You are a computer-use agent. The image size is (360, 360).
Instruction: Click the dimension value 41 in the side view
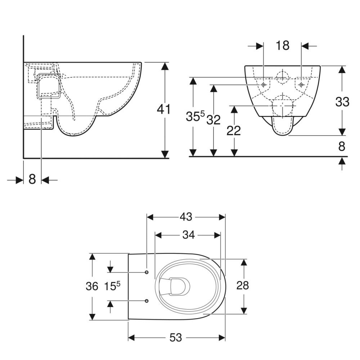pyautogui.click(x=163, y=109)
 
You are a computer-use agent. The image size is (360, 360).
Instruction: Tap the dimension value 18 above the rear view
pyautogui.click(x=282, y=45)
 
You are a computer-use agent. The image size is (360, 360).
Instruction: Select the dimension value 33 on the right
pyautogui.click(x=342, y=102)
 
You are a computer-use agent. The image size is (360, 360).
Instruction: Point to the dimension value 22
pyautogui.click(x=234, y=131)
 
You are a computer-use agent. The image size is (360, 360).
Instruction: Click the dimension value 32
pyautogui.click(x=213, y=120)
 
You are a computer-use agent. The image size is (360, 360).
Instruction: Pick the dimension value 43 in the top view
pyautogui.click(x=186, y=217)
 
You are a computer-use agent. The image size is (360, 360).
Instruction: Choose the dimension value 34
pyautogui.click(x=189, y=235)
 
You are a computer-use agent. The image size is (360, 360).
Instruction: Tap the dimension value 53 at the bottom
pyautogui.click(x=176, y=338)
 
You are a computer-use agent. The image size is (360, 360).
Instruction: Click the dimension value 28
pyautogui.click(x=242, y=285)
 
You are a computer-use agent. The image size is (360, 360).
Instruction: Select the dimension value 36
pyautogui.click(x=92, y=286)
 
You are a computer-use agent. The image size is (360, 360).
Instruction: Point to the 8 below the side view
pyautogui.click(x=32, y=179)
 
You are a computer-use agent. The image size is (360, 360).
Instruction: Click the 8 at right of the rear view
pyautogui.click(x=342, y=146)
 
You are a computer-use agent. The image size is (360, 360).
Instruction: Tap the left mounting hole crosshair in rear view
pyautogui.click(x=264, y=85)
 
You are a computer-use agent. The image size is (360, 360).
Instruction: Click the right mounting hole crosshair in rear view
pyautogui.click(x=301, y=85)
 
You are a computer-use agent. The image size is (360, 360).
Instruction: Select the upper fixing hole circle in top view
pyautogui.click(x=147, y=272)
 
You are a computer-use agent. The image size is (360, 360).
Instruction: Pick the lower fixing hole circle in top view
pyautogui.click(x=147, y=301)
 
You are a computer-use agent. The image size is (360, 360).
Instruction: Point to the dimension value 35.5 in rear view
pyautogui.click(x=195, y=116)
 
